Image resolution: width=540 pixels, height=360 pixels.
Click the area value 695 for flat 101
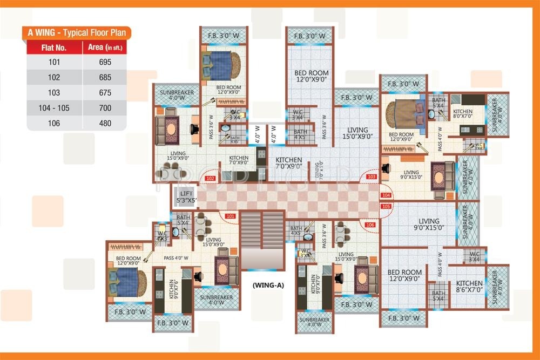105,62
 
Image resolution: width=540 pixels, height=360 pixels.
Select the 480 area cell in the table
105,123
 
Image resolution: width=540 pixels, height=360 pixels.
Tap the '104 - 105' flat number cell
54,108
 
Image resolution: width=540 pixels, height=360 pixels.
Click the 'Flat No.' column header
54,47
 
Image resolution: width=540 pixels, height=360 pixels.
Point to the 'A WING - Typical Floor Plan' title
77,32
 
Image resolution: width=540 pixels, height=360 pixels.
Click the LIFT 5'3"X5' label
186,197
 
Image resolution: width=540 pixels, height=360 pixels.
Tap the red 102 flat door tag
211,178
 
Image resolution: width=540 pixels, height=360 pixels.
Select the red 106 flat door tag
370,225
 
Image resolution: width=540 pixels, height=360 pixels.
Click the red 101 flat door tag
231,216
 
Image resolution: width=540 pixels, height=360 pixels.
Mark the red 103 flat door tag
372,176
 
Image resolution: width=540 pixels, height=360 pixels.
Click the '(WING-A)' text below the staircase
268,284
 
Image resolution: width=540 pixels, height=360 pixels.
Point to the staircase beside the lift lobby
262,240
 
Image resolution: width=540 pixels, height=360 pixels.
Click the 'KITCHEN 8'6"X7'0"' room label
469,287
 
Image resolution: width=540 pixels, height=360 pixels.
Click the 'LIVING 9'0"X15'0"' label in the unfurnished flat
428,225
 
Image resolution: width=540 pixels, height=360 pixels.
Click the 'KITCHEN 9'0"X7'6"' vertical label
173,289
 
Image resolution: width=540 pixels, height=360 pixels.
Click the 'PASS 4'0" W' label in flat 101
176,258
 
